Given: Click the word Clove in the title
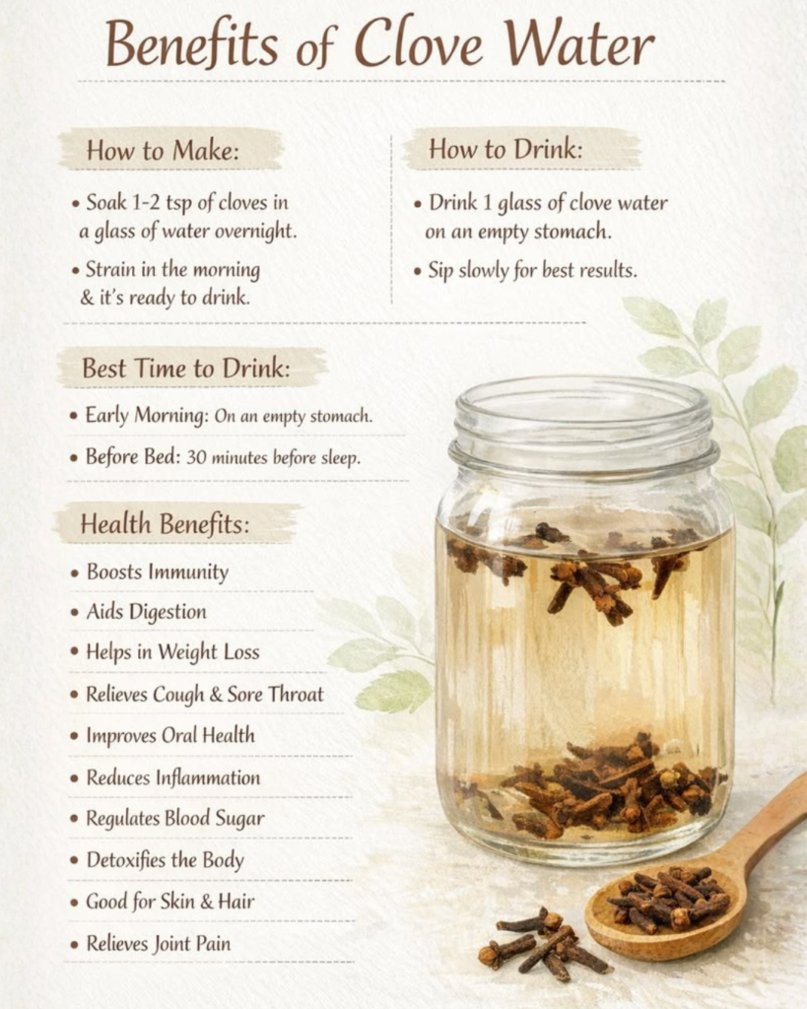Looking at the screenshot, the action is coord(418,43).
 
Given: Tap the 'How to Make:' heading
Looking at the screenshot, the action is coord(163,151).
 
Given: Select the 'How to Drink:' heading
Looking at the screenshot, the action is coord(505,150).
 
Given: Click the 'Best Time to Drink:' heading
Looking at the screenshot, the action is coord(186,369).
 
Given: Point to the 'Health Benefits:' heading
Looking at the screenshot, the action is coord(165,524).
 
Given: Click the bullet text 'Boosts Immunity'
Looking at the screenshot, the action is coord(158,572).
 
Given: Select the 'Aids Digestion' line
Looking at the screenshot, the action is coord(147,612).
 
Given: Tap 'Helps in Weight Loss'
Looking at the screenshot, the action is coord(173,652).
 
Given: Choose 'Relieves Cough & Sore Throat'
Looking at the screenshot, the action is coord(205,695).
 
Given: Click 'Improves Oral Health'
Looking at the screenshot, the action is coord(170,735).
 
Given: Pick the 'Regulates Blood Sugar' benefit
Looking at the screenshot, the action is coord(175,819).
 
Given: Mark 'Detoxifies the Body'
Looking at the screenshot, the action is coord(166,860).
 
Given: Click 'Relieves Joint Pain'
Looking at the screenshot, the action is coord(159,944).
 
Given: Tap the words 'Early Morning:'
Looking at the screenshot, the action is coord(148,416).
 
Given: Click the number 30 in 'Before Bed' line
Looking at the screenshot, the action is coord(196,457).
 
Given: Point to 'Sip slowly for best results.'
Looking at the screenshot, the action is coord(533,270).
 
